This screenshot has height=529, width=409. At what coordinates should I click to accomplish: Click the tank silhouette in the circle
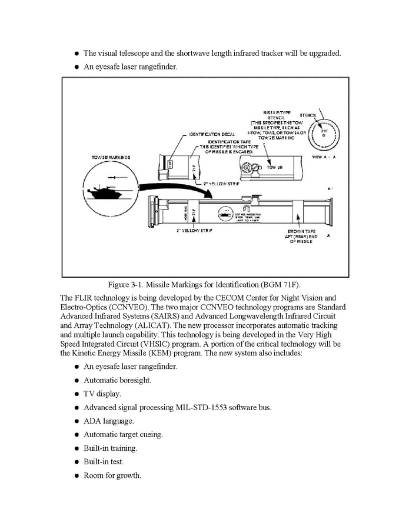[x=99, y=191]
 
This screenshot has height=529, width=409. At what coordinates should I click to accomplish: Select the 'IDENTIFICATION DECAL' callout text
[x=204, y=134]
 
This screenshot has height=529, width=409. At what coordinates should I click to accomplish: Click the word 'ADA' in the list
[x=92, y=421]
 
